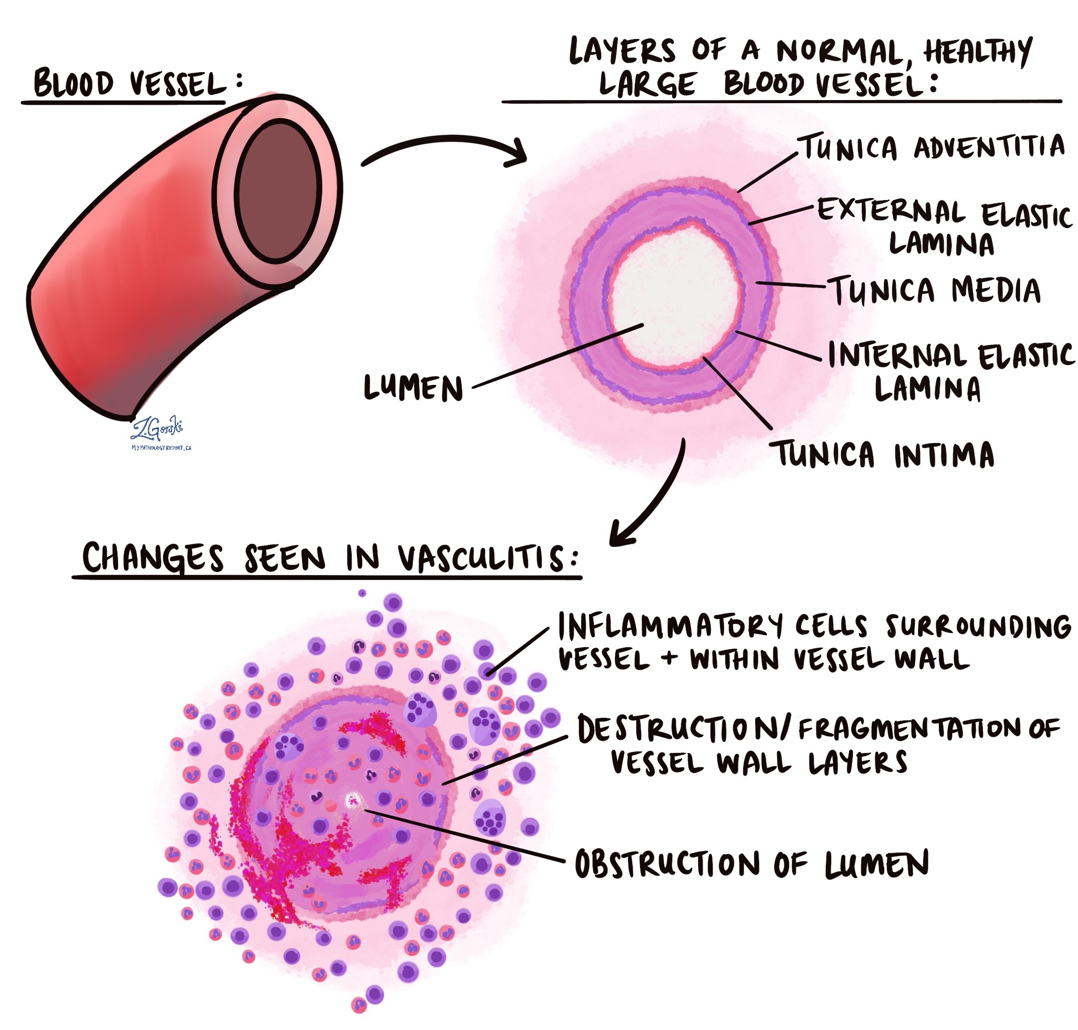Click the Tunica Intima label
point(883,454)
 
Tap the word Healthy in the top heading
point(977,52)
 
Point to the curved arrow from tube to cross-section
point(445,148)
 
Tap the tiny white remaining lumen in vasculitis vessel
point(351,800)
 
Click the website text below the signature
point(161,448)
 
